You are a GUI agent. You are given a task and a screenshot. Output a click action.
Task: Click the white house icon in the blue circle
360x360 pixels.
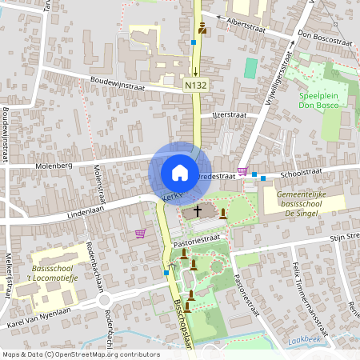click(179, 172)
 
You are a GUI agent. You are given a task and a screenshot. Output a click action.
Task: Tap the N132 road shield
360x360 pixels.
click(195, 84)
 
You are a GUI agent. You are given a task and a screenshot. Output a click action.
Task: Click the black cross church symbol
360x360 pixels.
click(198, 211)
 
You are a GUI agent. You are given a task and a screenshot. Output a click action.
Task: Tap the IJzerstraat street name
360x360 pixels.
click(230, 114)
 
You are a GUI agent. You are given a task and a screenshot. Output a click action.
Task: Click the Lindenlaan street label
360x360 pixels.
click(82, 214)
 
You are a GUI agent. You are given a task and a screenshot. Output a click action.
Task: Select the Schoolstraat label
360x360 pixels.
click(301, 171)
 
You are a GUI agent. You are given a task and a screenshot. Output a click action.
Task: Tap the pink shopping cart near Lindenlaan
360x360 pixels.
click(142, 234)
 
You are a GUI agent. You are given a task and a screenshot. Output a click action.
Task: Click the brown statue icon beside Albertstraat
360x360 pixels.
click(202, 29)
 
